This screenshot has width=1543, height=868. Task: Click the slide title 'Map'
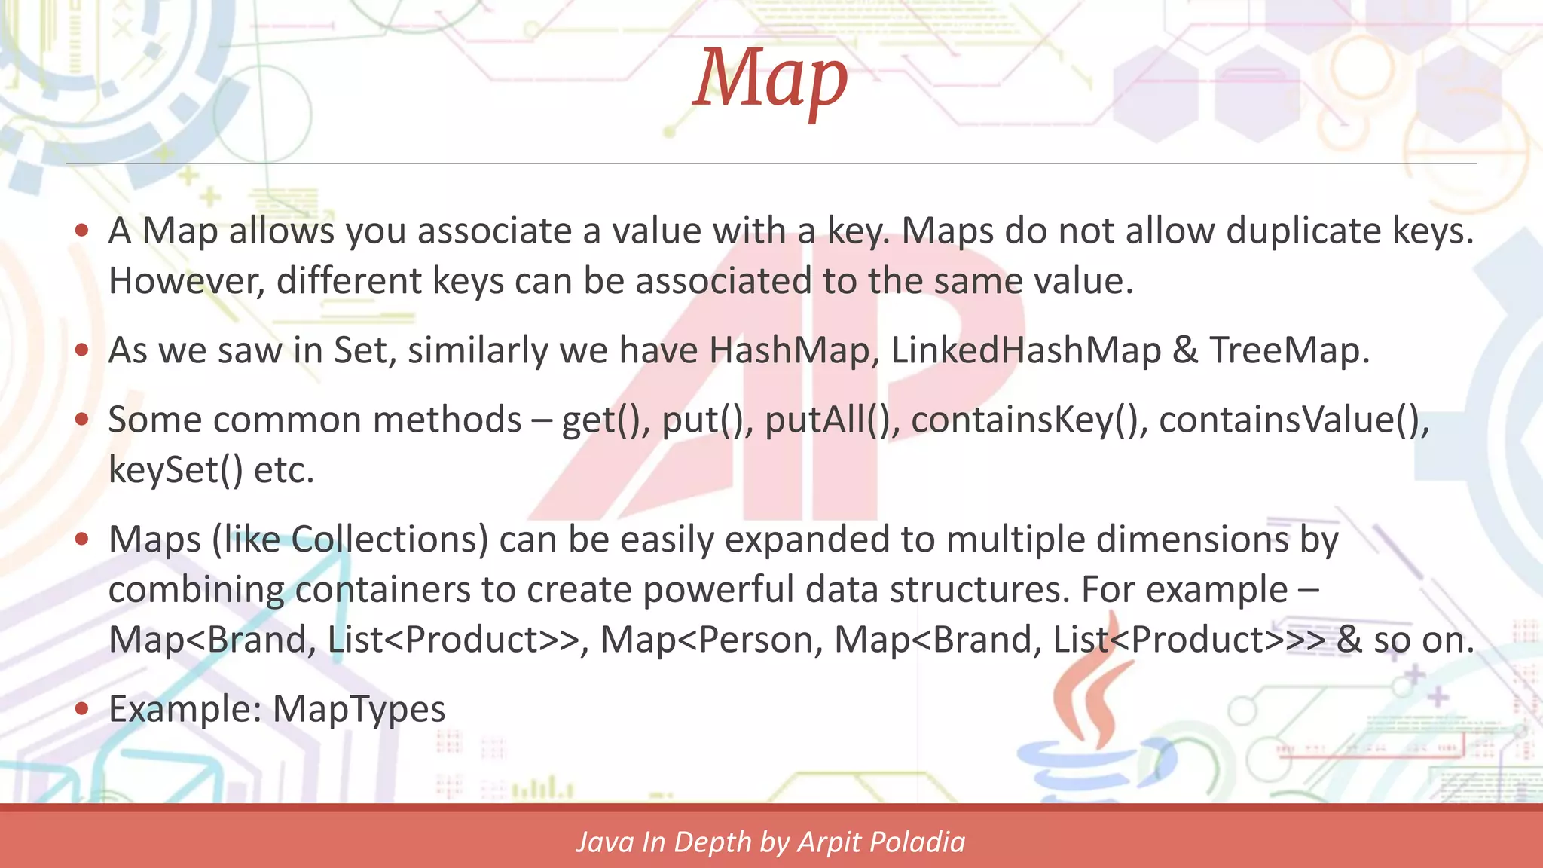(x=770, y=78)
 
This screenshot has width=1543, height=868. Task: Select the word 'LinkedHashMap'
(x=1026, y=350)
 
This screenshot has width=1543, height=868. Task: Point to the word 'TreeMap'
(x=1289, y=350)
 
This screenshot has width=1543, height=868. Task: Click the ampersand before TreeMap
(x=1185, y=350)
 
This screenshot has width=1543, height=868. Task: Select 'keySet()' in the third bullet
(x=176, y=470)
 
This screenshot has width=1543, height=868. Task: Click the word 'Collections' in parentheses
(x=390, y=539)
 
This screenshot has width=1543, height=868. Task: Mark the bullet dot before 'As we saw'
(x=82, y=350)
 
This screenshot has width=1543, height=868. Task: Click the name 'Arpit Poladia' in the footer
(x=881, y=842)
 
